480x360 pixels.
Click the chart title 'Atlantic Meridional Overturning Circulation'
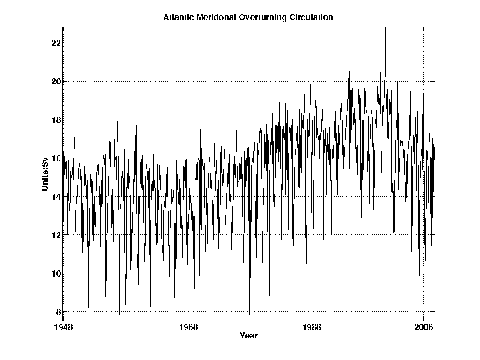click(248, 18)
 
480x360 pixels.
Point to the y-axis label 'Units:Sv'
click(45, 175)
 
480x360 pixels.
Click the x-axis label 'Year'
click(248, 336)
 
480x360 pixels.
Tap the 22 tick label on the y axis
click(55, 43)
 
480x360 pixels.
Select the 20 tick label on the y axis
click(55, 82)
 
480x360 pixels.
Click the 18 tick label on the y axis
click(55, 120)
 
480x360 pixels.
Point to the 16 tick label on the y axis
click(55, 158)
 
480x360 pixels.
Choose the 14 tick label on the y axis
click(55, 197)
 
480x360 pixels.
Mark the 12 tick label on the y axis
click(55, 235)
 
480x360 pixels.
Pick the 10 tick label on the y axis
click(55, 273)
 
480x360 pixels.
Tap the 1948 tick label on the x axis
click(63, 327)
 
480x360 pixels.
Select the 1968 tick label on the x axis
click(188, 327)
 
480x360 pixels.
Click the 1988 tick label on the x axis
click(312, 327)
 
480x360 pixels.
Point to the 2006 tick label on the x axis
click(424, 327)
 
